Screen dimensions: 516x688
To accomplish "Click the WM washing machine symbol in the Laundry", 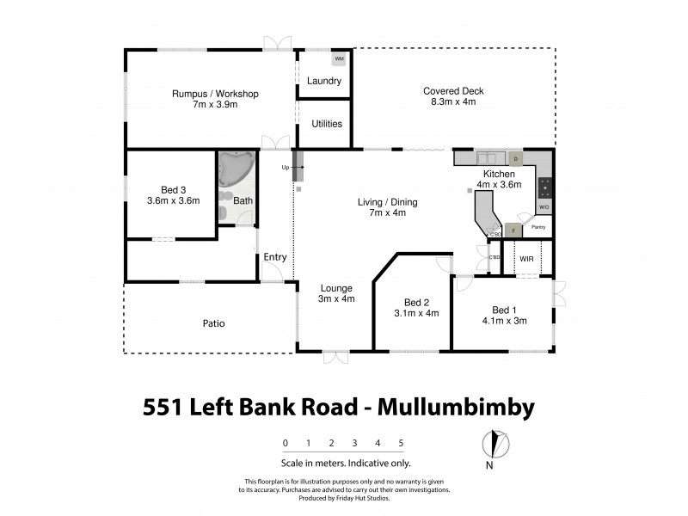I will pyautogui.click(x=339, y=58).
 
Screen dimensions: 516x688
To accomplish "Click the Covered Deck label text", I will pyautogui.click(x=449, y=90).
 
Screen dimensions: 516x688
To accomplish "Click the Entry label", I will pyautogui.click(x=275, y=257).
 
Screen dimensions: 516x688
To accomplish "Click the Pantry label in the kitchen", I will pyautogui.click(x=539, y=227).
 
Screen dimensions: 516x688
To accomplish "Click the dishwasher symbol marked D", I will pyautogui.click(x=515, y=159).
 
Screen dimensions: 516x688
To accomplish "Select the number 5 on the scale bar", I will pyautogui.click(x=401, y=444).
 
